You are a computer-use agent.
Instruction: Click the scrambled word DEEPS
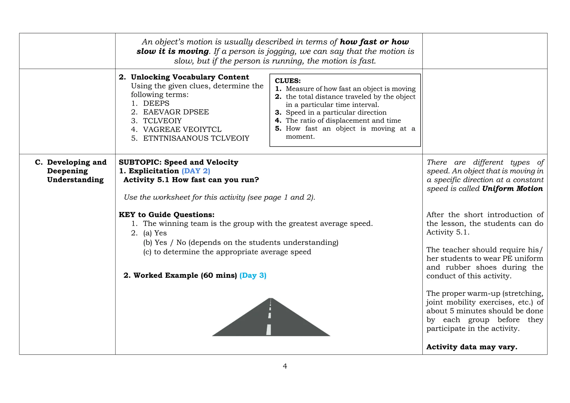click(156, 103)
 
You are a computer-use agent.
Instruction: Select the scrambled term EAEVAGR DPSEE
click(176, 112)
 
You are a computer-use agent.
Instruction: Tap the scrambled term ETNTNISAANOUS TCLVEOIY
click(196, 138)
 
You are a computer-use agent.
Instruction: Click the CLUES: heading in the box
click(288, 81)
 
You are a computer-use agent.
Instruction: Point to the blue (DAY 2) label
click(196, 171)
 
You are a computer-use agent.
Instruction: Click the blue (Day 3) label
click(253, 275)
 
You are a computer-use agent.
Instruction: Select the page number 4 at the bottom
click(285, 366)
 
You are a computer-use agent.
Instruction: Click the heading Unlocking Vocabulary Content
click(190, 77)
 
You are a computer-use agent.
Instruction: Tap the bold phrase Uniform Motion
click(512, 188)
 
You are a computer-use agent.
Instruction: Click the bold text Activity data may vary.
click(471, 347)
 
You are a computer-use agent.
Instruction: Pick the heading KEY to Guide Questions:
click(166, 215)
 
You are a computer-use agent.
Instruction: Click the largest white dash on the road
click(269, 330)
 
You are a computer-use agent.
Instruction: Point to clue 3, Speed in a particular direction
click(336, 112)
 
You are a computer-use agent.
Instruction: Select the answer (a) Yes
click(155, 233)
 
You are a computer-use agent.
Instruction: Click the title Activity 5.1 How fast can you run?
click(191, 180)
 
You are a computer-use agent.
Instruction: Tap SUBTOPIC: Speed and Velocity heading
click(178, 162)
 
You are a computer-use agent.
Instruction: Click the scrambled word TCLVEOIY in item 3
click(162, 121)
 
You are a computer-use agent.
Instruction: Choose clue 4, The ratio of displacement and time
click(343, 121)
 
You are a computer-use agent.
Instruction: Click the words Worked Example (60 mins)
click(185, 275)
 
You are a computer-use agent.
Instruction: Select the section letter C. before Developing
click(39, 162)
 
